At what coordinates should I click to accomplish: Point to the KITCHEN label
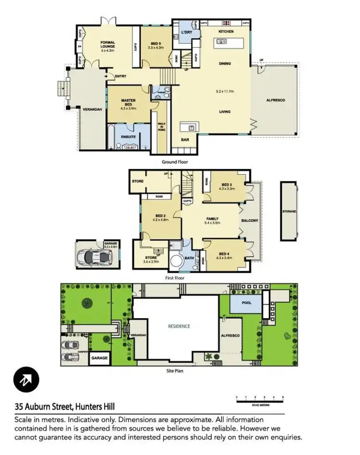(x=226, y=31)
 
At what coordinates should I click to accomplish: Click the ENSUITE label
(x=128, y=137)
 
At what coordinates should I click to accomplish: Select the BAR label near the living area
(x=185, y=140)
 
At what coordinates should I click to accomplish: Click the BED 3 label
(x=227, y=185)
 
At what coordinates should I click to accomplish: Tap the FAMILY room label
(x=212, y=219)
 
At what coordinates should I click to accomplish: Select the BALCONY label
(x=251, y=221)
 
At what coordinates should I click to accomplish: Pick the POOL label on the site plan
(x=246, y=303)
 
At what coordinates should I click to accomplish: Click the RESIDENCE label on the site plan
(x=179, y=326)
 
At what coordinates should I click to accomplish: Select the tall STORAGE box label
(x=289, y=211)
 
